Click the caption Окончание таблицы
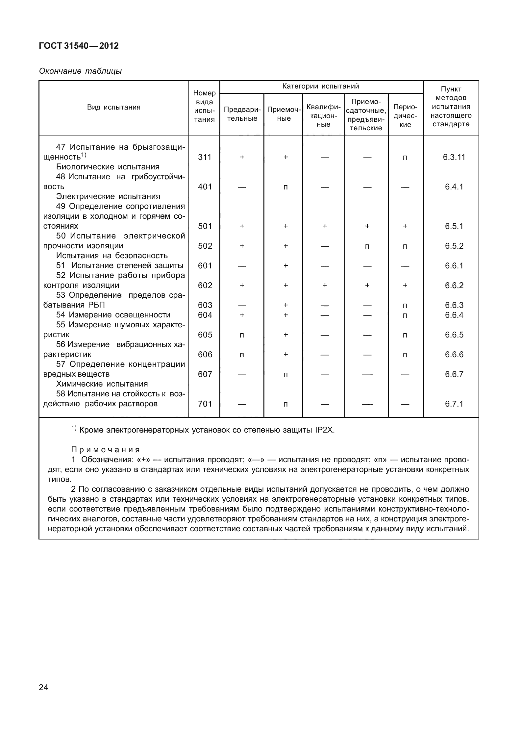[x=80, y=71]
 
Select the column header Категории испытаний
[x=321, y=87]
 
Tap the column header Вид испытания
[x=113, y=107]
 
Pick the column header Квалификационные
[x=323, y=115]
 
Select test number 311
[x=205, y=157]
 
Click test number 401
[x=205, y=187]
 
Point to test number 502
[x=205, y=246]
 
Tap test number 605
[x=205, y=335]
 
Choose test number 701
[x=205, y=404]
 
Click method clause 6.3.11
[x=454, y=157]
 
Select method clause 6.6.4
[x=454, y=315]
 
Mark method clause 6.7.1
[x=454, y=404]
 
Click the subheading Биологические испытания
[x=108, y=167]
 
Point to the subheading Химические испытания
[x=102, y=384]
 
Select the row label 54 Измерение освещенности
[x=113, y=315]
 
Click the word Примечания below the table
[x=106, y=450]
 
